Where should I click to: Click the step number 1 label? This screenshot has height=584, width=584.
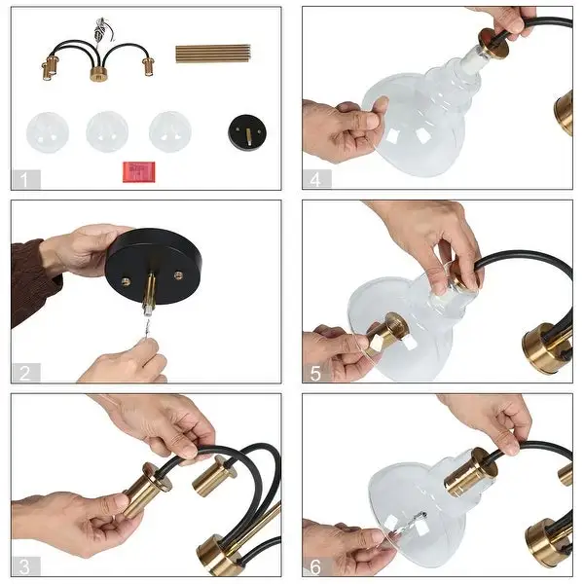24,180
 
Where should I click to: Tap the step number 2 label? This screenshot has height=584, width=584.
24,373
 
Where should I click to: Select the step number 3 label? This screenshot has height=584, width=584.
24,566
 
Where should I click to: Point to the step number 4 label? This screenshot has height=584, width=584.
315,180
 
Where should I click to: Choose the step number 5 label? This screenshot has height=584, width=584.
315,373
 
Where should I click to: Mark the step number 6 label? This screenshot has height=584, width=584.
315,566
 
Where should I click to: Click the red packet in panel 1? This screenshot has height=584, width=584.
139,171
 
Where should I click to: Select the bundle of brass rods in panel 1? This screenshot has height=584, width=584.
213,54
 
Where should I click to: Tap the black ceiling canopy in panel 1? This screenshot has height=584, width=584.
246,132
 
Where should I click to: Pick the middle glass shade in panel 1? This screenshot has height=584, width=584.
107,131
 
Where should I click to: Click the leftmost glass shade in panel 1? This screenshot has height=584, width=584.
48,132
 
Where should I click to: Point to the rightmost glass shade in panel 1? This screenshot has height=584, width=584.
170,131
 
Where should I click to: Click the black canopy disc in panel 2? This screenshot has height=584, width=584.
154,266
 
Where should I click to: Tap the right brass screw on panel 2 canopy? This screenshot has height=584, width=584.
179,275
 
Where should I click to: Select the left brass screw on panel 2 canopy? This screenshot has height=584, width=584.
127,282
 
